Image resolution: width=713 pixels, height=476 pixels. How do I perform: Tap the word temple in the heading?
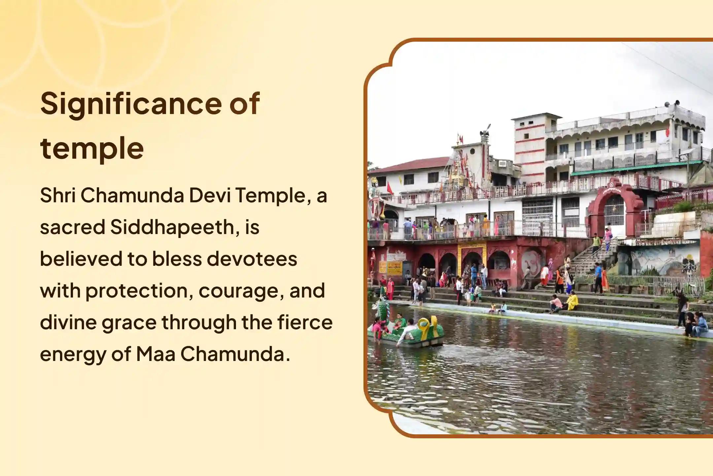point(92,149)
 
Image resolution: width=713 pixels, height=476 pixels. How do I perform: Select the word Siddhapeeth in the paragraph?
point(172,227)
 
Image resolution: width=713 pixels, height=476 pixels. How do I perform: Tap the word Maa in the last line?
point(155,354)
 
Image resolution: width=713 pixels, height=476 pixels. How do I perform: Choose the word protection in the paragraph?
point(139,291)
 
